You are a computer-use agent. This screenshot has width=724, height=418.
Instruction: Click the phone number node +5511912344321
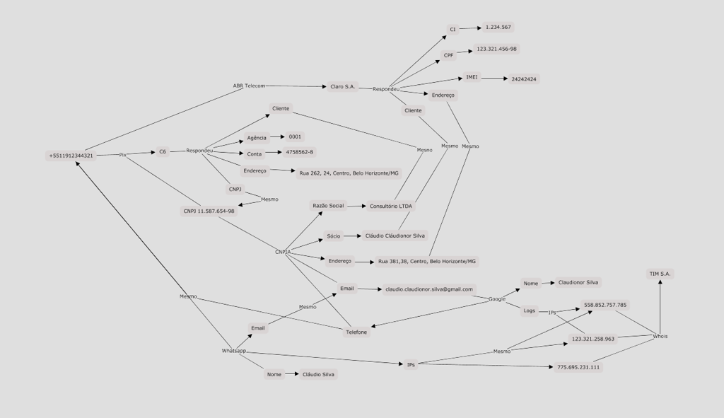tap(71, 155)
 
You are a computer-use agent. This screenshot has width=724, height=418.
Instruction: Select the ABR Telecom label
tap(249, 86)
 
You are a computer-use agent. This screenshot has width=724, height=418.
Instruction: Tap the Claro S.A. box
tap(342, 86)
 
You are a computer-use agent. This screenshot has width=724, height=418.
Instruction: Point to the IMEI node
tap(472, 77)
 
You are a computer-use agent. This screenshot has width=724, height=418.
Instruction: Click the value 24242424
tap(524, 79)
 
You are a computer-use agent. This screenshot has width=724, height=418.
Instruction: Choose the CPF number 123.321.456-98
tap(496, 49)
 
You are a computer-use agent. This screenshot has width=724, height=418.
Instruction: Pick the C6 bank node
tap(163, 151)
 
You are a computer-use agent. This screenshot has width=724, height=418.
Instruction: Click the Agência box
tap(257, 138)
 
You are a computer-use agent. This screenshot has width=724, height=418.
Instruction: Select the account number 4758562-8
tap(300, 152)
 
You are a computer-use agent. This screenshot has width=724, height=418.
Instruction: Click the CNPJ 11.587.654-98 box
tap(209, 211)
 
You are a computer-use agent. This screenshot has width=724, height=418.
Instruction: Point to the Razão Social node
tap(328, 206)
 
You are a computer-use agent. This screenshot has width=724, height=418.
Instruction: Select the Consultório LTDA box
tap(391, 207)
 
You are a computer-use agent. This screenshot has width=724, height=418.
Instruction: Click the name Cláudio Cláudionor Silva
tap(395, 236)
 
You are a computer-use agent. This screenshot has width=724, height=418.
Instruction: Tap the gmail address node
tap(428, 289)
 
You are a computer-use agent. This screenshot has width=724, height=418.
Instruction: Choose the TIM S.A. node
tap(661, 274)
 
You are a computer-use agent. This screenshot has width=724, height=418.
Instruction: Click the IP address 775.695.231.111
tap(578, 367)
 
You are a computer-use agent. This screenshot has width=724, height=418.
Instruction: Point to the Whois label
tap(660, 336)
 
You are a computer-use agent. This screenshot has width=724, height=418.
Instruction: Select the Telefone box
tap(356, 332)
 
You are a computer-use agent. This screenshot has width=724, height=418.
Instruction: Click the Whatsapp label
tap(234, 351)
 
